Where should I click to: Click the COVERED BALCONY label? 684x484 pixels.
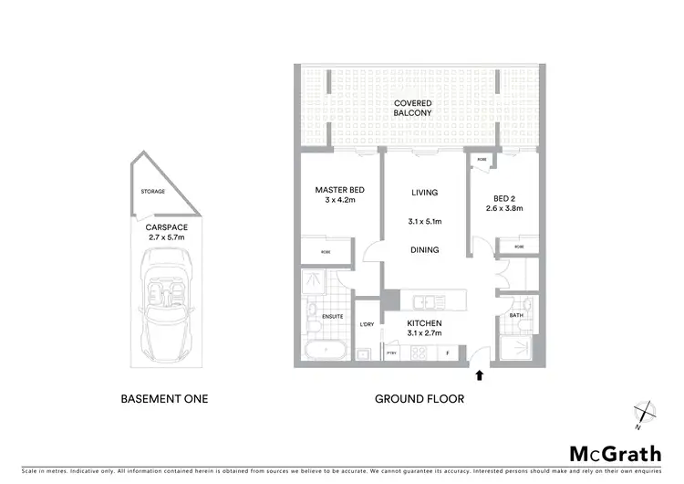(412, 108)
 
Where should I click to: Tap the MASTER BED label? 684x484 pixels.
(334, 190)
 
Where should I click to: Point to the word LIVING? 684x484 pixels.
(425, 193)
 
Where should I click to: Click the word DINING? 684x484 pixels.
(425, 249)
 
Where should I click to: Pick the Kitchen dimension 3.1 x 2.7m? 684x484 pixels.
(425, 333)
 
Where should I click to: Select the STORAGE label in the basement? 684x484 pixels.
(152, 192)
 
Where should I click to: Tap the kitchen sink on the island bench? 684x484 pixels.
(425, 301)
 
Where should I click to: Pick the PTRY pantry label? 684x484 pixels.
(393, 352)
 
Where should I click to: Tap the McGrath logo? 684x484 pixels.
(616, 453)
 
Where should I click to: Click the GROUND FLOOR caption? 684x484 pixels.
(420, 398)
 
